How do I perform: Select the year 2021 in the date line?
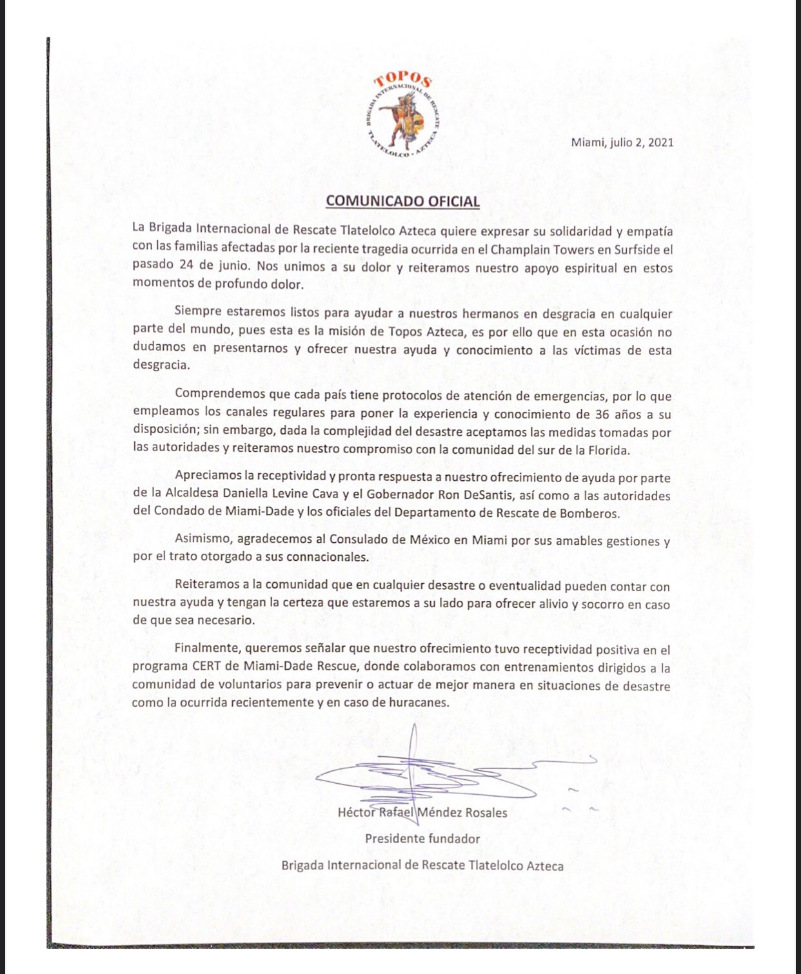click(660, 142)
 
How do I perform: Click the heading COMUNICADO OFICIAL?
click(402, 200)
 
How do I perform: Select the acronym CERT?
click(207, 667)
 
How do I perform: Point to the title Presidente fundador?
click(422, 839)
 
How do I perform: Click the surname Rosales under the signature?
click(483, 813)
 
